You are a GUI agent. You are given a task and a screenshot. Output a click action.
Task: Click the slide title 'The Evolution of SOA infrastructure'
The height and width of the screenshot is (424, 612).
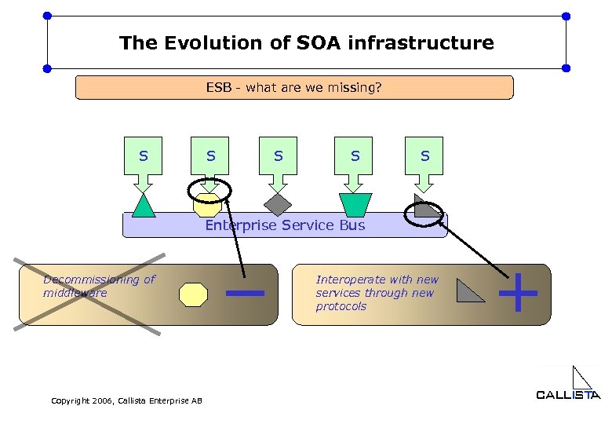click(306, 42)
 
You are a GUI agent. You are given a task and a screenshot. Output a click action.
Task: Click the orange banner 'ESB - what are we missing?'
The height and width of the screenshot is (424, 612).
click(293, 87)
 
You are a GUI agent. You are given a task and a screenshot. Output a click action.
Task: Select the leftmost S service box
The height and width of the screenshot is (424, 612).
click(143, 156)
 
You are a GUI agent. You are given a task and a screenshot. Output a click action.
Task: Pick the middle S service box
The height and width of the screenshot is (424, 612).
click(278, 156)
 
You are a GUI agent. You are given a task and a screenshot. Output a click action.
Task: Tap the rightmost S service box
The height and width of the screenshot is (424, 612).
click(424, 156)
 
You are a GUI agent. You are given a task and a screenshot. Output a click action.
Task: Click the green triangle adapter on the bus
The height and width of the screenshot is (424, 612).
click(143, 205)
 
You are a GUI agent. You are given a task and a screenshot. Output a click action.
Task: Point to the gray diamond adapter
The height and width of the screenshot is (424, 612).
click(278, 204)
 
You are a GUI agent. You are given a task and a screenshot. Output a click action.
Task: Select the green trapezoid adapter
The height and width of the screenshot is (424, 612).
click(355, 204)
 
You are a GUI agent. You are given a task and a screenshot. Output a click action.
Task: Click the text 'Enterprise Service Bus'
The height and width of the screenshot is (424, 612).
click(285, 225)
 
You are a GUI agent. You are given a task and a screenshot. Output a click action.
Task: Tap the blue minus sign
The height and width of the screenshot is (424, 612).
click(244, 294)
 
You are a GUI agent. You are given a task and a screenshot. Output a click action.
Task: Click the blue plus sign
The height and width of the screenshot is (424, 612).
click(518, 293)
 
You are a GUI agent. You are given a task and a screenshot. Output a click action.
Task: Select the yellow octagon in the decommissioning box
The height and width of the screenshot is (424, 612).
click(193, 294)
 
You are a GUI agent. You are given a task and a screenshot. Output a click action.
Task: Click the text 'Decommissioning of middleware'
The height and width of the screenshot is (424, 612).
click(99, 286)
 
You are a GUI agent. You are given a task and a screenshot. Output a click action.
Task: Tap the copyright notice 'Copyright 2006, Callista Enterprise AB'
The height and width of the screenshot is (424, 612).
click(126, 400)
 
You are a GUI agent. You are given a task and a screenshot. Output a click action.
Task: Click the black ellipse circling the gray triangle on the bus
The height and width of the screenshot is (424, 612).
click(424, 212)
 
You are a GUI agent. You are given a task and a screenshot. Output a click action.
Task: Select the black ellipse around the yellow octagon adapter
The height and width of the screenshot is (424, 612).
click(209, 191)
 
